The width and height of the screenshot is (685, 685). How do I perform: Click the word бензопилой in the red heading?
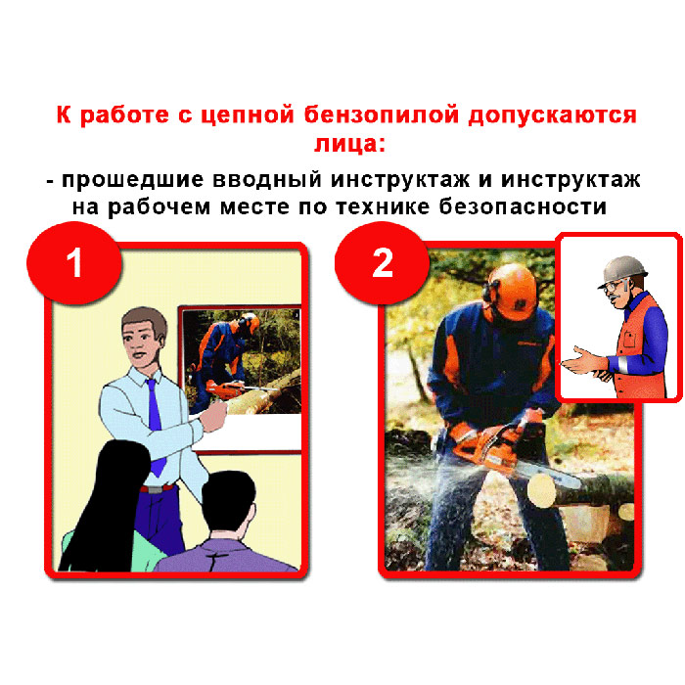tap(382, 115)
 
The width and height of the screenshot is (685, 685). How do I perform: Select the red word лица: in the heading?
tap(349, 144)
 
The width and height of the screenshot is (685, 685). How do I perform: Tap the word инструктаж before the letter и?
tap(399, 180)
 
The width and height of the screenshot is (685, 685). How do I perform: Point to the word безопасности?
tap(523, 206)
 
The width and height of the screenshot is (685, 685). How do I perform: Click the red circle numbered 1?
tap(74, 263)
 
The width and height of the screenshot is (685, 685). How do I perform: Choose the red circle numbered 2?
tap(383, 263)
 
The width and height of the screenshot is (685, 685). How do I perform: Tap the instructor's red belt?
tap(157, 488)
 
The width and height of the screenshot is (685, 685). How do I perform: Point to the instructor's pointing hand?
tap(214, 416)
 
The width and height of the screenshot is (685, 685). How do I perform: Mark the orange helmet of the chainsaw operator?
tap(515, 292)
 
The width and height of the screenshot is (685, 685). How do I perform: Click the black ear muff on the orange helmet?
tap(489, 292)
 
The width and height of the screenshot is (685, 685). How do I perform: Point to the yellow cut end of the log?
tap(542, 491)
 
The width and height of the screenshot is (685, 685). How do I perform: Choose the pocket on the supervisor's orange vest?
tap(629, 339)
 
